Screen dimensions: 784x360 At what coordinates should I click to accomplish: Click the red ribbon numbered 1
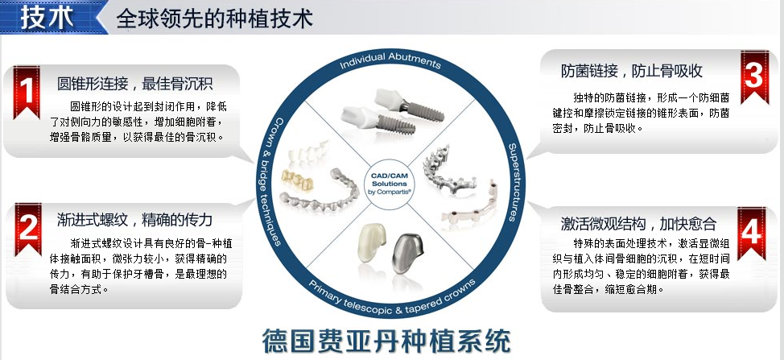27,92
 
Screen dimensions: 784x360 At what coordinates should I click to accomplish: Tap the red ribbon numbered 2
28,229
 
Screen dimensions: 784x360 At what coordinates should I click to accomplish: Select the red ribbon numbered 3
755,77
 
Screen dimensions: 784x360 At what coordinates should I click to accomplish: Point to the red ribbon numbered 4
752,234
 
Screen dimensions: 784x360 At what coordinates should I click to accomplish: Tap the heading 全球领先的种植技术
214,19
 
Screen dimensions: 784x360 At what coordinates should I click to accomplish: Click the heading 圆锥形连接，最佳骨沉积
135,84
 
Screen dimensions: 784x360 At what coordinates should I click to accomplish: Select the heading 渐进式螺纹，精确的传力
135,220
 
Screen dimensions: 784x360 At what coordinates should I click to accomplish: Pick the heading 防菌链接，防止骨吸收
632,71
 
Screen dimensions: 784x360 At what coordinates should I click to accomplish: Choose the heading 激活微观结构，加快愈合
638,223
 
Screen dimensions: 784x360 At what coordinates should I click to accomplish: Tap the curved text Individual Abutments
390,60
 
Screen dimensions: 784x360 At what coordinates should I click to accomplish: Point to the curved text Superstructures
513,182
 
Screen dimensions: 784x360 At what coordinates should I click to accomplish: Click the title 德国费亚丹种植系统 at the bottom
386,341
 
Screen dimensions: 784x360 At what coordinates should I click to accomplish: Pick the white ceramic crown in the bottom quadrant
372,242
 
